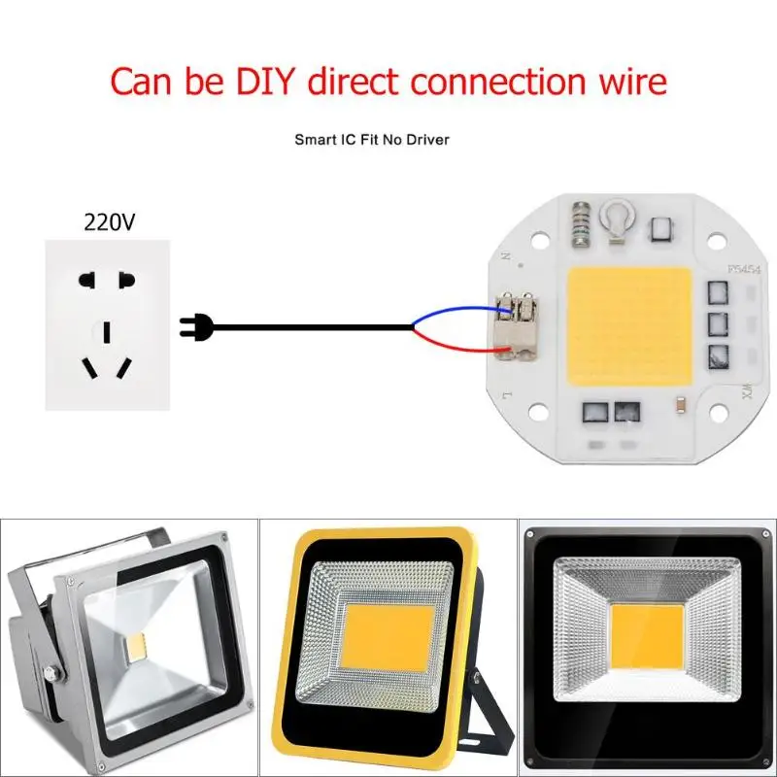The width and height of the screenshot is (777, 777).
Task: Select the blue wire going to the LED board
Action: pos(456,313)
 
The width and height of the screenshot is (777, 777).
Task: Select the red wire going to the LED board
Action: pos(456,343)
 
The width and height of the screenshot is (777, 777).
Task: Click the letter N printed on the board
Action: pos(506,257)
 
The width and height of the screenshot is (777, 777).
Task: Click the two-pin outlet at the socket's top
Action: pos(106,280)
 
